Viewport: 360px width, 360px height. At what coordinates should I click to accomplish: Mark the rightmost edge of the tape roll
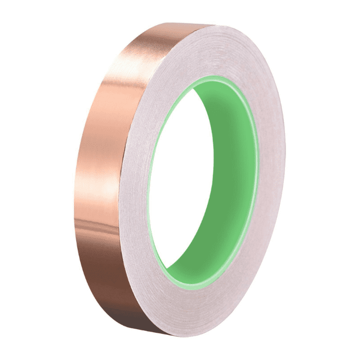(284, 170)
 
